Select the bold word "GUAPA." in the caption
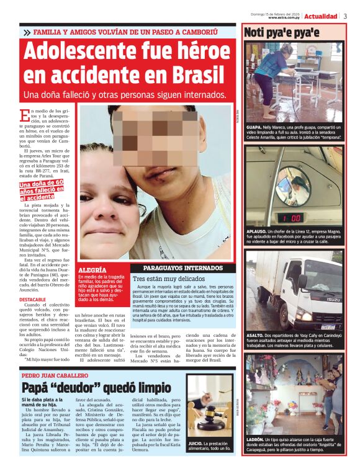(x=254, y=127)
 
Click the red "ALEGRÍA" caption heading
(x=91, y=270)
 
